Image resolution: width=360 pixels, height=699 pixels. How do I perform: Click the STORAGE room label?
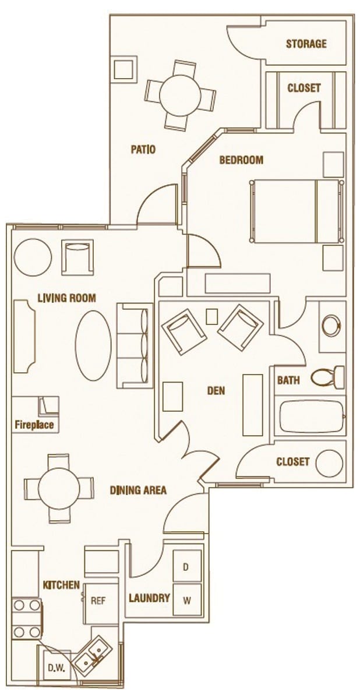pos(306,44)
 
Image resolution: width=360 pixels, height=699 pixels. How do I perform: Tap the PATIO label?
pos(143,150)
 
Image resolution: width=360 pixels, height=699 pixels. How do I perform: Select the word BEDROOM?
pos(241,160)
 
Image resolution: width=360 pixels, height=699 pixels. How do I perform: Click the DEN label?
pos(216,391)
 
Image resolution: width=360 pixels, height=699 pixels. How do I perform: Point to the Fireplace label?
pos(34,425)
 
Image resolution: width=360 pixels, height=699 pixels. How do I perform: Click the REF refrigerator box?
pos(98,601)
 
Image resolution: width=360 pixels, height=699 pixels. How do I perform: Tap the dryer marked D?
pos(186,567)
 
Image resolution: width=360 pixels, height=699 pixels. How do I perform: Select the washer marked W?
pos(186,600)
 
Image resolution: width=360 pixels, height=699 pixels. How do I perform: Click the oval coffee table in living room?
pos(94,345)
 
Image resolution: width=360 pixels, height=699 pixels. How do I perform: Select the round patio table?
pos(180,94)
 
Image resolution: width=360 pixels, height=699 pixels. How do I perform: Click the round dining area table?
pos(58,488)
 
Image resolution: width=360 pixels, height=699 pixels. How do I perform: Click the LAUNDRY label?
pos(149,598)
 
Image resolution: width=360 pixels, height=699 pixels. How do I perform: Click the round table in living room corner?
pos(33,256)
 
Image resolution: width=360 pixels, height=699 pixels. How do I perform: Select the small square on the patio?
pos(124,69)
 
